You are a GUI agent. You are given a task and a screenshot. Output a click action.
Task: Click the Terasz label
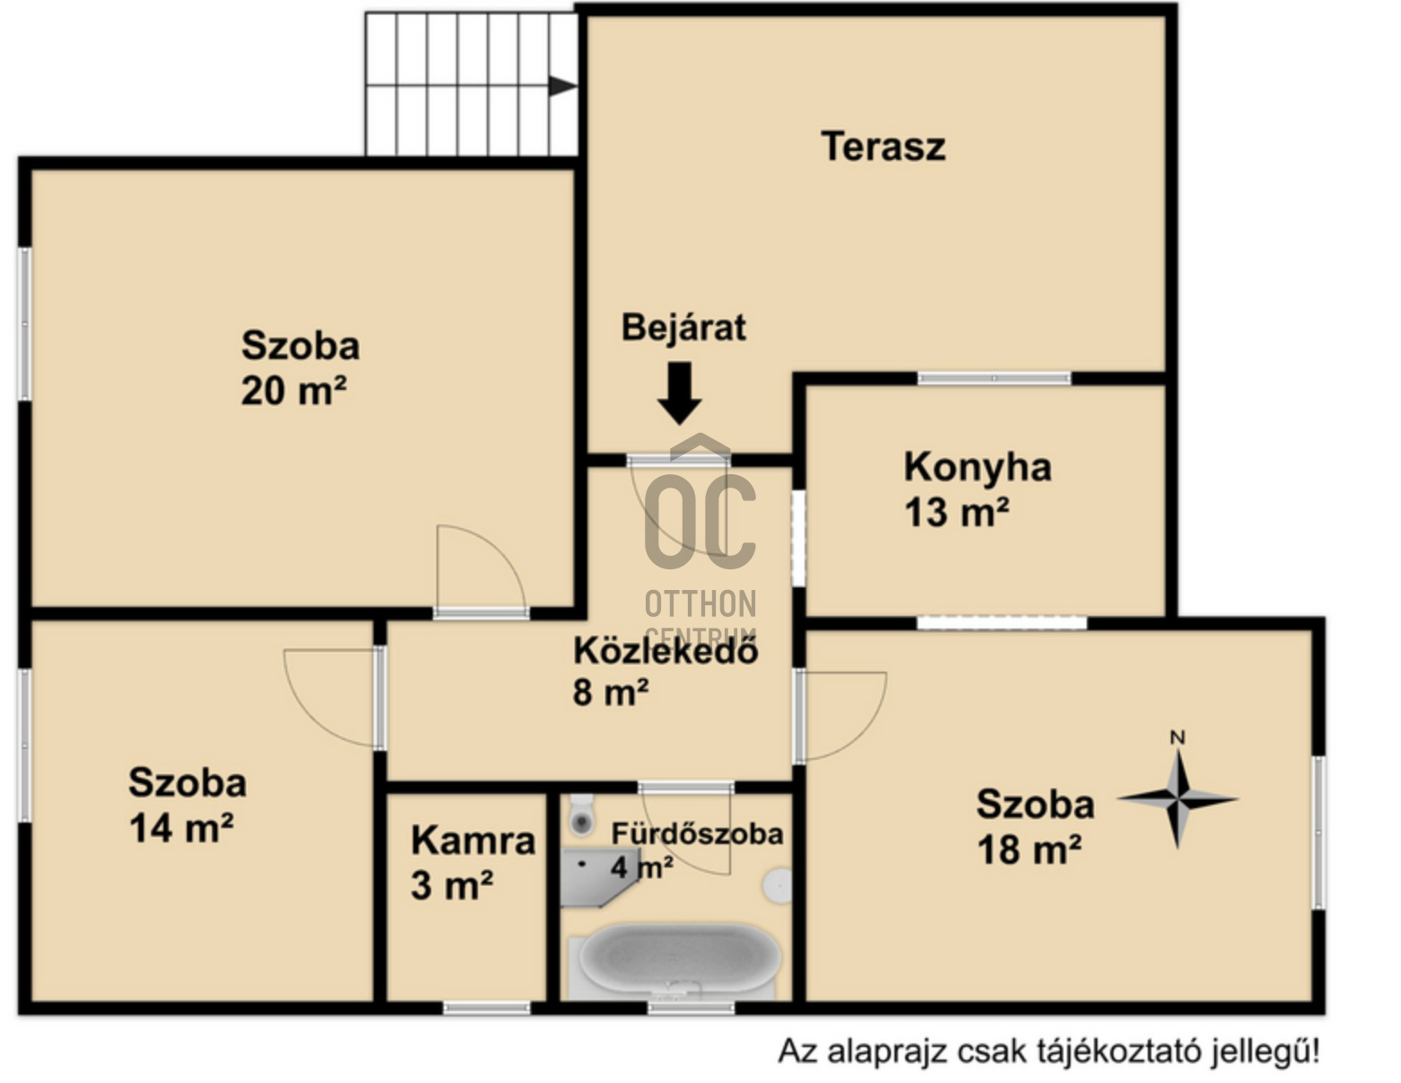coord(883,147)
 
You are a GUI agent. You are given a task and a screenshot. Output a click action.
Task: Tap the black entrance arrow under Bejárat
coord(680,392)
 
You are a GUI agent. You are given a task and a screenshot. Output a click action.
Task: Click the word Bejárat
coord(683,327)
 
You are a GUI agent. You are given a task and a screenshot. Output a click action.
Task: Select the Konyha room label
coord(977,468)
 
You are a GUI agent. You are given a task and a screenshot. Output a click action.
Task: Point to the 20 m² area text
coord(294,390)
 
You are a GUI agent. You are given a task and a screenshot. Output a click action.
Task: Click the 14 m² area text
coord(181,828)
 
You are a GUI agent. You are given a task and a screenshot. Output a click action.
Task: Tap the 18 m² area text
coord(1029,850)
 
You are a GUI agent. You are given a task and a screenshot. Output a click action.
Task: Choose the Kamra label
coord(473,841)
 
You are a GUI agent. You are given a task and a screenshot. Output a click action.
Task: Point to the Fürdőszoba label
coord(697,833)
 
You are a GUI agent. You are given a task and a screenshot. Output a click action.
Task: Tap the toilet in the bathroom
coord(582,815)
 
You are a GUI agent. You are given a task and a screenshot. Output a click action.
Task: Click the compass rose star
coord(1177,799)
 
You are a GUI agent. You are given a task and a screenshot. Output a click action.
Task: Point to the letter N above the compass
coord(1177,737)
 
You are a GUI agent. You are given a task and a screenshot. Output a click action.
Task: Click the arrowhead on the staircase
coord(562,85)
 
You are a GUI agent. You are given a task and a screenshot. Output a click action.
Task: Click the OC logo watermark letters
coord(700,522)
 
